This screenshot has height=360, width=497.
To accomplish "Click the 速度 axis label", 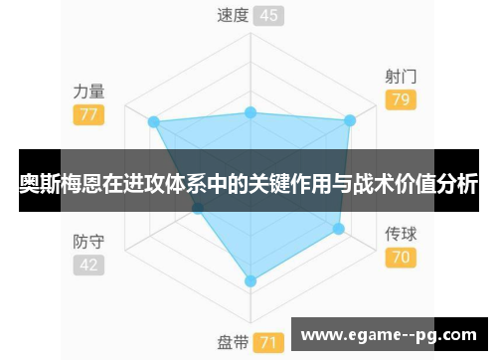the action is tap(233, 15).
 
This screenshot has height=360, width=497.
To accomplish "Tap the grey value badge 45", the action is tap(267, 15).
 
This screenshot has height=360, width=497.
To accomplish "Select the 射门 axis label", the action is tap(401, 76).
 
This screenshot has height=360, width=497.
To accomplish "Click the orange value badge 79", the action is tap(401, 99).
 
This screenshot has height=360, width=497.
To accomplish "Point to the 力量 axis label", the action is tap(88, 90).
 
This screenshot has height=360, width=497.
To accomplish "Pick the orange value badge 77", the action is tap(88, 114).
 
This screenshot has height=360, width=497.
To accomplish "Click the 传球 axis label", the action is tap(401, 235).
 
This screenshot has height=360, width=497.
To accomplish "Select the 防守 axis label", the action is tap(88, 242).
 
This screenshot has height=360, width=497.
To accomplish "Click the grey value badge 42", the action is tap(88, 266).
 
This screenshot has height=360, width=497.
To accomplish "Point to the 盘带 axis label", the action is tap(233, 342).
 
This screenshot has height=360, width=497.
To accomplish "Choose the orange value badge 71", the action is tap(267, 342).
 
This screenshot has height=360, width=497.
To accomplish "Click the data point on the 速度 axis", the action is tap(250, 112).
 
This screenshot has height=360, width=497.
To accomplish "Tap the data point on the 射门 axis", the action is tap(349, 121).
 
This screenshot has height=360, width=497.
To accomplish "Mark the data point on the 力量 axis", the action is tap(153, 121).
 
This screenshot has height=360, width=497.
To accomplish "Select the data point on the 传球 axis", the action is tap(338, 229).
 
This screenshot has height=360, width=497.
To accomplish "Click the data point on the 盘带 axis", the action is tap(250, 281).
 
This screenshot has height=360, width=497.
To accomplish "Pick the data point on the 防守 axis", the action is tap(198, 209).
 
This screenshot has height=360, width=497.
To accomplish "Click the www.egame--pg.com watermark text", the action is tap(389, 334).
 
